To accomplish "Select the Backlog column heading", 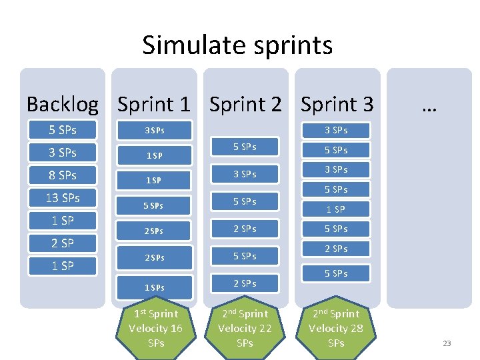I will click(x=62, y=104).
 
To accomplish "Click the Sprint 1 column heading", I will click(x=154, y=104).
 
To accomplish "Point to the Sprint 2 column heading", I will click(x=246, y=104).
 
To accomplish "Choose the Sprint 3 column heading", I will click(x=337, y=104).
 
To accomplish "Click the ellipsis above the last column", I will click(x=429, y=104).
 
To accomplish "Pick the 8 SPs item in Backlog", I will click(x=63, y=175).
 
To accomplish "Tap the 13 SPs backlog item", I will click(x=63, y=198).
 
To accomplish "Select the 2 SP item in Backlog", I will click(x=63, y=243).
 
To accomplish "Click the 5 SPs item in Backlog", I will click(x=63, y=130).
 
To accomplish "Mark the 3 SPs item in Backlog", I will click(x=63, y=153).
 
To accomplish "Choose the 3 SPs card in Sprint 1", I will click(x=154, y=131).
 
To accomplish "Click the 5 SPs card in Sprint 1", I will click(x=154, y=206).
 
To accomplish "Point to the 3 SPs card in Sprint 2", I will click(x=245, y=174).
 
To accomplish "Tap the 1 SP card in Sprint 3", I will click(x=336, y=209).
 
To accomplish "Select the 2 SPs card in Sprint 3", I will click(x=336, y=249).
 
